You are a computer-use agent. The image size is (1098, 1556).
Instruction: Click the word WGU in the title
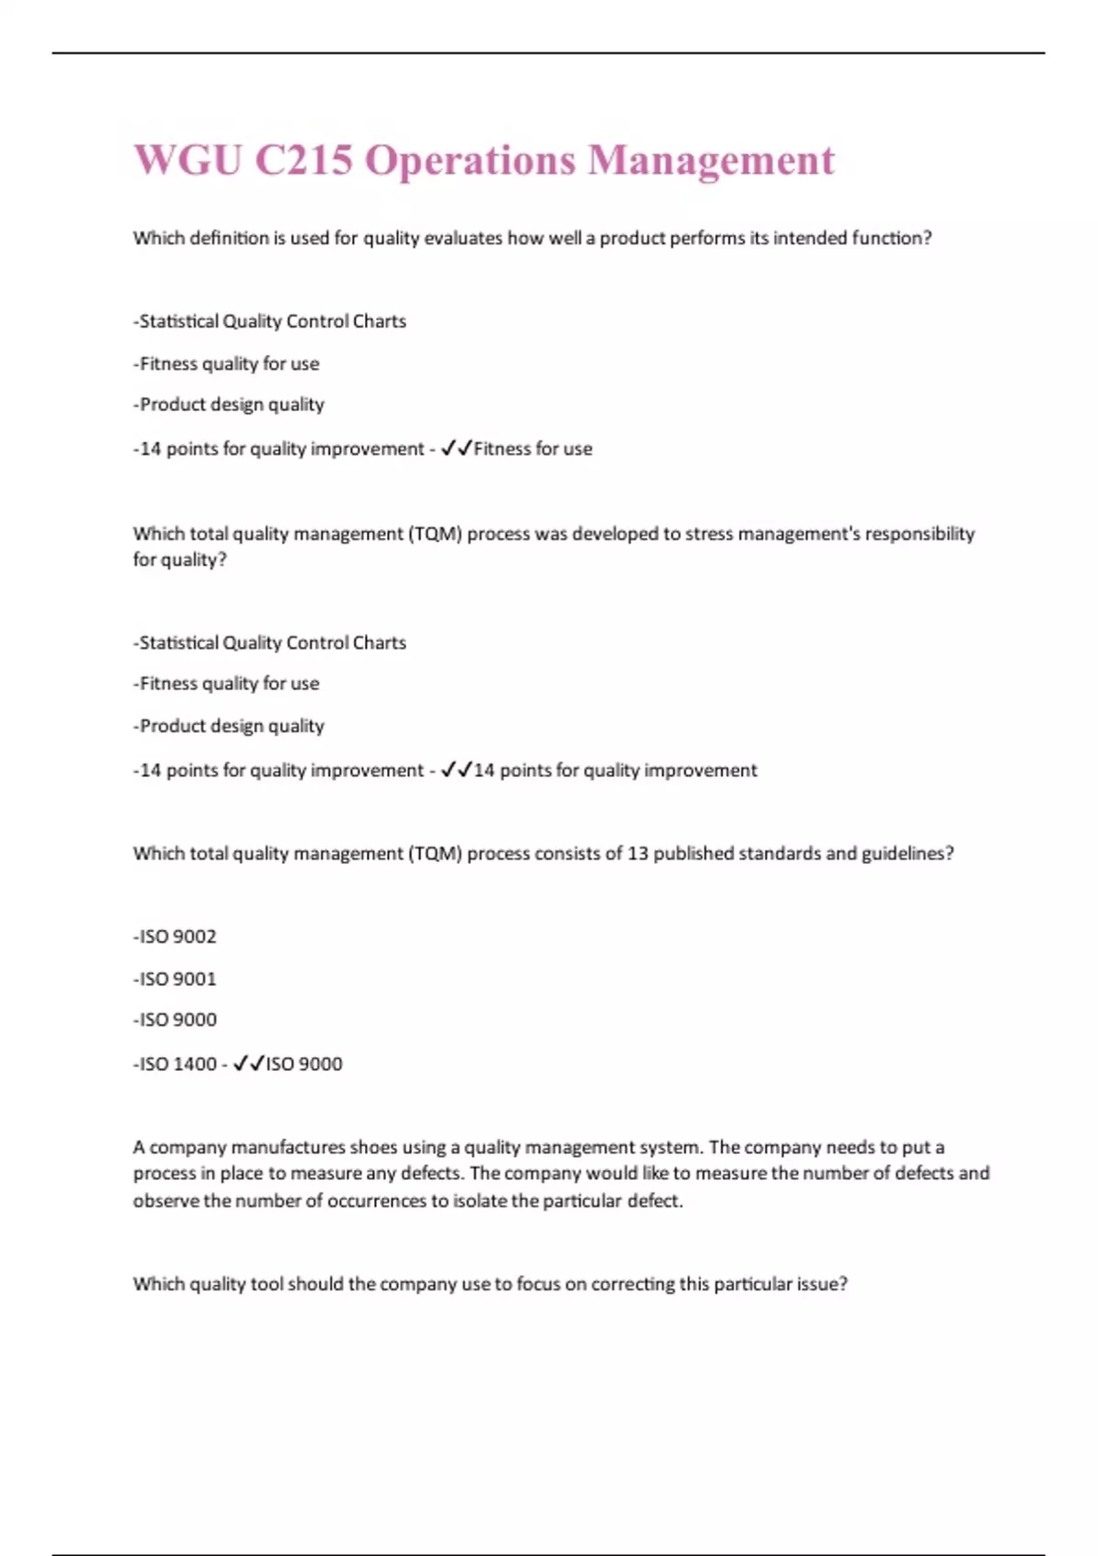188,160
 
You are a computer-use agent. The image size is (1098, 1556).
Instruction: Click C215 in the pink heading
303,160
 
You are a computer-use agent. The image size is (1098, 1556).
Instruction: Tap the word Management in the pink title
711,160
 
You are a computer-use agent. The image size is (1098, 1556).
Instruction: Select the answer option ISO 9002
175,936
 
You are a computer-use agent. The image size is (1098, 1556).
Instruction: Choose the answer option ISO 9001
175,978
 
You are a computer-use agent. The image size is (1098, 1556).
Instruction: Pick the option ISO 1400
175,1064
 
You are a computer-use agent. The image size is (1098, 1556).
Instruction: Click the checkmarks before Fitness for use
456,448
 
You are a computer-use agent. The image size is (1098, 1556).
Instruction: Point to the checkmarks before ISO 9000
249,1064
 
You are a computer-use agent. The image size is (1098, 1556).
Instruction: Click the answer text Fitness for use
533,448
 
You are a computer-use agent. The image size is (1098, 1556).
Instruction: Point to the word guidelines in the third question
903,853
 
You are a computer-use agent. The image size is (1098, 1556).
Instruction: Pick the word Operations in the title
470,160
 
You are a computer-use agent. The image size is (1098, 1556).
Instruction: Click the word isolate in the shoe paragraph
480,1200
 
